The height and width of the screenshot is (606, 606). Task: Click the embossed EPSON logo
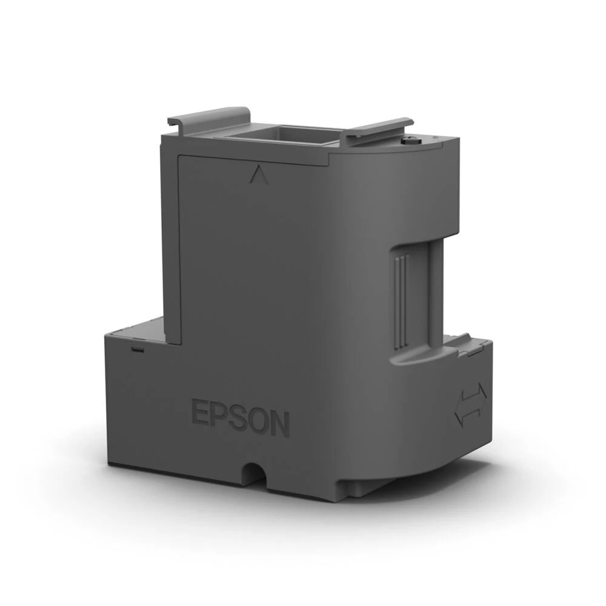241,416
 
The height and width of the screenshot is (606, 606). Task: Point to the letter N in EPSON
279,424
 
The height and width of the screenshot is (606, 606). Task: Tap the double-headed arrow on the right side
470,404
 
